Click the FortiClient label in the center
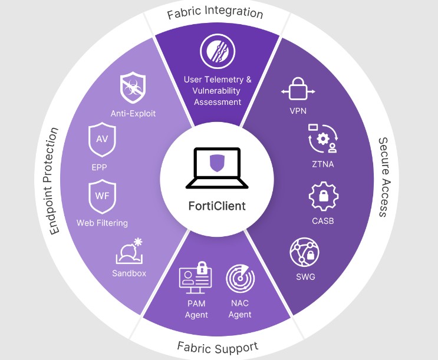coord(216,207)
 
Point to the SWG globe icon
coord(305,253)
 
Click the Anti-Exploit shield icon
coord(133,88)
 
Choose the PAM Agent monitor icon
coord(195,276)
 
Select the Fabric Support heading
coord(218,346)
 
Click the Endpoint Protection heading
coord(55,180)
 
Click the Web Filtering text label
coord(102,223)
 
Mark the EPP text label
coord(99,167)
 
